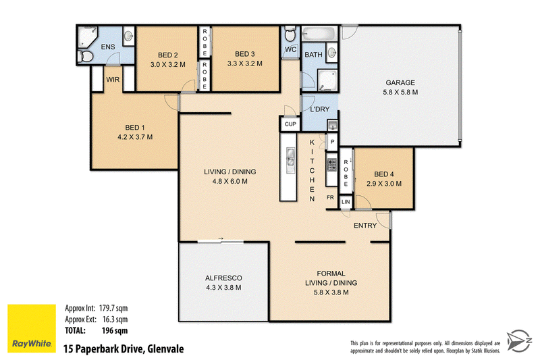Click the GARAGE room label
[x=400, y=82]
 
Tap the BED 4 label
[x=384, y=174]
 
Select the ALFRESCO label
[x=223, y=278]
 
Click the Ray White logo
[x=32, y=328]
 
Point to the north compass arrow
[x=519, y=340]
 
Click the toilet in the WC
[x=290, y=33]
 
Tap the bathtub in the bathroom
[x=319, y=34]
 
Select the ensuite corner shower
[x=88, y=37]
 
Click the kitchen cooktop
[x=331, y=165]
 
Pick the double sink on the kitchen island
[x=290, y=156]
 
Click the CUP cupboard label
[x=290, y=124]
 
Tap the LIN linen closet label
[x=346, y=202]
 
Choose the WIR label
[x=113, y=80]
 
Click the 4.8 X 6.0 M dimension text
[x=230, y=181]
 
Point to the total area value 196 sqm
[x=115, y=331]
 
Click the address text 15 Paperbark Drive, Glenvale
[x=124, y=349]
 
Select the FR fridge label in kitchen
[x=330, y=197]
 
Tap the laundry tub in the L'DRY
[x=332, y=126]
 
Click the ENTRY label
[x=365, y=226]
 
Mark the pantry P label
[x=332, y=142]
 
